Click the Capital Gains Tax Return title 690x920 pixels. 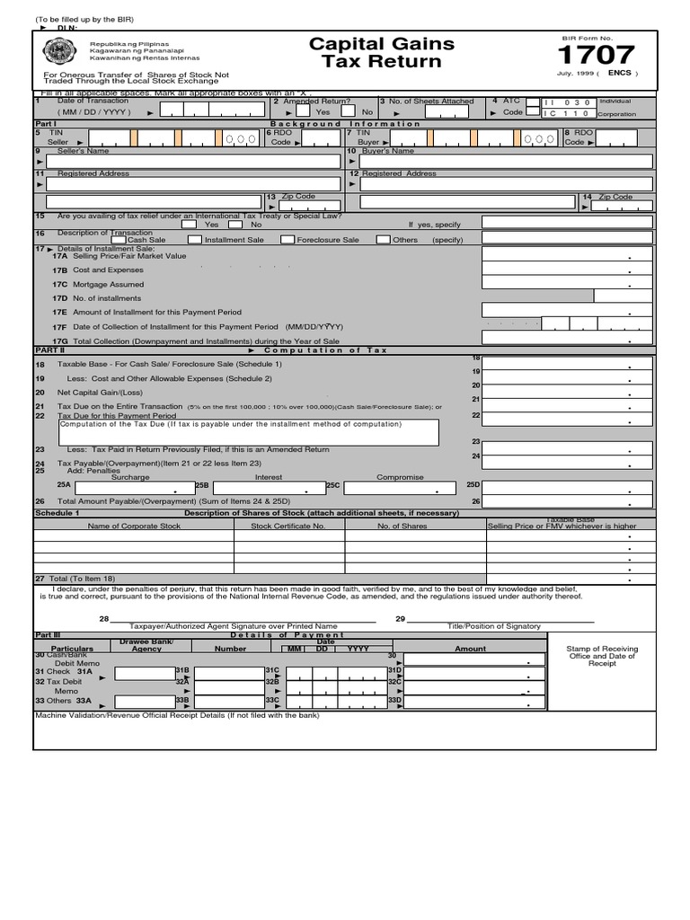381,53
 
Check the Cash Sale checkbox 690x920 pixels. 119,240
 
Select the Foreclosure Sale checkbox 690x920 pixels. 287,240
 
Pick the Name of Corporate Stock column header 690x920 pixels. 134,526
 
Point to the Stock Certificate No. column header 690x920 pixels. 287,526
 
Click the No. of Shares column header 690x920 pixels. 402,526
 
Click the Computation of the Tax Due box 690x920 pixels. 248,432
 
